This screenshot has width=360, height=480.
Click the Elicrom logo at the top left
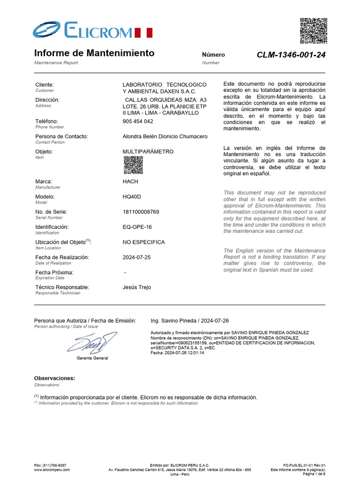(92, 31)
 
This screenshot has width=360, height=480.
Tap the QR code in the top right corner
(313, 30)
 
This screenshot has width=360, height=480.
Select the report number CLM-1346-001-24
(291, 55)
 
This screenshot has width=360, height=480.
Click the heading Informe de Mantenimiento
(94, 53)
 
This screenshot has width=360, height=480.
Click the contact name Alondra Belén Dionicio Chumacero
(165, 136)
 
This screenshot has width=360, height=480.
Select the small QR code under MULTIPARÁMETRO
(133, 165)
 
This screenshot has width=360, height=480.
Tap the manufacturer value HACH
(130, 181)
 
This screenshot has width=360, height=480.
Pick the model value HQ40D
(131, 197)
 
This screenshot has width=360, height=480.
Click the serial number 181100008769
(141, 212)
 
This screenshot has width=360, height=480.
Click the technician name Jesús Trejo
(136, 287)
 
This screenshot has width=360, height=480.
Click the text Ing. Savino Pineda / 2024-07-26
(189, 321)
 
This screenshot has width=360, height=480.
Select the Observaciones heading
(54, 378)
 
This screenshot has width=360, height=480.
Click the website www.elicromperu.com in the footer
(52, 469)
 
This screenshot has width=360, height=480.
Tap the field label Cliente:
(45, 84)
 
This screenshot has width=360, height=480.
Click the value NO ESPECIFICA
(143, 242)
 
